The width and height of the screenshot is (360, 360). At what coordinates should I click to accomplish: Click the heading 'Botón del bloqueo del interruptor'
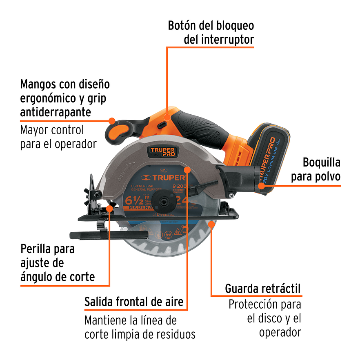[x=211, y=33]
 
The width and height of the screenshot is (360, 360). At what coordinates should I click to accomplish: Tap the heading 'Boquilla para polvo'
[x=321, y=170]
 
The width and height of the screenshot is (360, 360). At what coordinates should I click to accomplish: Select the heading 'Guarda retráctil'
[x=263, y=289]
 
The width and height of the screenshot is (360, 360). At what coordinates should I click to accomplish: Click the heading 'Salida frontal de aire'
[x=134, y=302]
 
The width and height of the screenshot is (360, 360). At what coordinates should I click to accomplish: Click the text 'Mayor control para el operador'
[x=58, y=137]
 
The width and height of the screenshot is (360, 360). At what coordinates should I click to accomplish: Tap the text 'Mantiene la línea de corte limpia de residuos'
[x=140, y=327]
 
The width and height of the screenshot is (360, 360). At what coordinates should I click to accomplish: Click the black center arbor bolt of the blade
[x=166, y=202]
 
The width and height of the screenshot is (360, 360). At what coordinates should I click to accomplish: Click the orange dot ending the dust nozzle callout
[x=261, y=186]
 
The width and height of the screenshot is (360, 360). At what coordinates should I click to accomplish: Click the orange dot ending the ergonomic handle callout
[x=111, y=120]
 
